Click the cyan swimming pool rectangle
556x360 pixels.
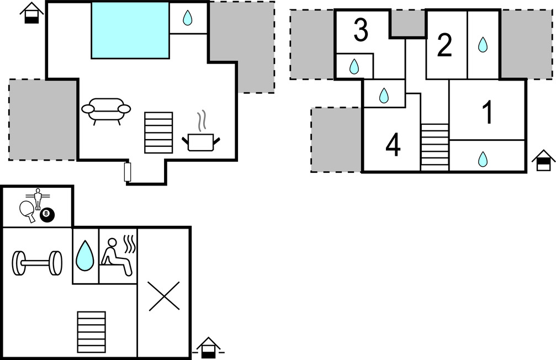click(x=130, y=30)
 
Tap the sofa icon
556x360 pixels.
click(x=106, y=111)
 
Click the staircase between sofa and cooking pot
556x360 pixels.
click(x=158, y=133)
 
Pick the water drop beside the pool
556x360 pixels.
click(x=187, y=18)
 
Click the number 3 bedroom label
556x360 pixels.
click(x=361, y=30)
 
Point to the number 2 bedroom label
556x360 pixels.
click(x=444, y=45)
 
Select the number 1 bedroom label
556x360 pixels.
click(x=488, y=112)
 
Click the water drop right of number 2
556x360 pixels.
click(x=483, y=45)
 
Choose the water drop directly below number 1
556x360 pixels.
click(x=483, y=159)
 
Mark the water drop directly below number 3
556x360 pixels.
click(x=354, y=66)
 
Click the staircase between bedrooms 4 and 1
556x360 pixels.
click(x=435, y=147)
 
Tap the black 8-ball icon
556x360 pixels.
click(x=47, y=215)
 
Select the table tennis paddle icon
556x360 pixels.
click(x=27, y=211)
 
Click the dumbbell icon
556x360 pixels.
click(x=37, y=263)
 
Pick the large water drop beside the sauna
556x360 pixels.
click(x=85, y=256)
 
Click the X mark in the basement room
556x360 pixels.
click(x=164, y=296)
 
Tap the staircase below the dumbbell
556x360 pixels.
click(x=92, y=332)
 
